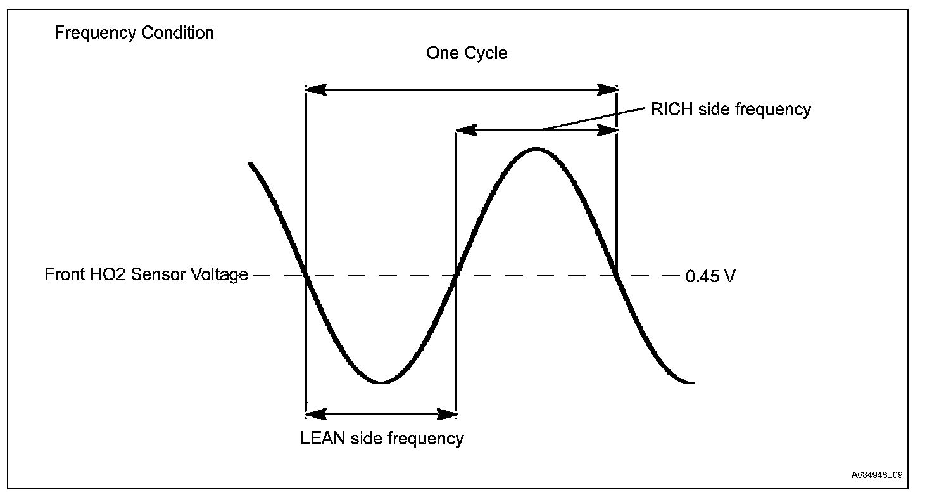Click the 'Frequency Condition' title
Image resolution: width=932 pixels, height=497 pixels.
coord(134,33)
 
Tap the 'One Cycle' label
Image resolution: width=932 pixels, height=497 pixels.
coord(467,53)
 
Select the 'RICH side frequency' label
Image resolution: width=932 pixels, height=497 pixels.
coord(731,109)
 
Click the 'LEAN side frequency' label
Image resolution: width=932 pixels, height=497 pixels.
coord(382,438)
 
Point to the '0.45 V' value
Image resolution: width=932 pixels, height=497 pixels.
coord(710,276)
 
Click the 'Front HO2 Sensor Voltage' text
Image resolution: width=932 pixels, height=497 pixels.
coord(146,274)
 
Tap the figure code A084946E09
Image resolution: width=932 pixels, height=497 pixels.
coord(877,475)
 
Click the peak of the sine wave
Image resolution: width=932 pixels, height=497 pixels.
coord(536,149)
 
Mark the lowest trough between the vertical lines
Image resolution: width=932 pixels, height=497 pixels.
coord(381,382)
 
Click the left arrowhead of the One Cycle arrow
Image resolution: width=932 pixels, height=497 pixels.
coord(316,89)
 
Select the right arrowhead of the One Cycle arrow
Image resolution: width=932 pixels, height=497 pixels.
coord(607,89)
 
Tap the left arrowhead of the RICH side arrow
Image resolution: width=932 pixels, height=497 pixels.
coord(467,131)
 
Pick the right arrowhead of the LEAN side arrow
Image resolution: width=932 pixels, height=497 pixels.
coord(446,415)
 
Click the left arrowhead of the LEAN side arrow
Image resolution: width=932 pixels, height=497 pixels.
coord(316,415)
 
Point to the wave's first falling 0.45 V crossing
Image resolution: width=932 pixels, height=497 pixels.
coord(306,275)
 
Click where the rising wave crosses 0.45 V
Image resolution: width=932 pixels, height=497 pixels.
coord(456,275)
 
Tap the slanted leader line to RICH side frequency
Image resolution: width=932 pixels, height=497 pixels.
coord(593,119)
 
